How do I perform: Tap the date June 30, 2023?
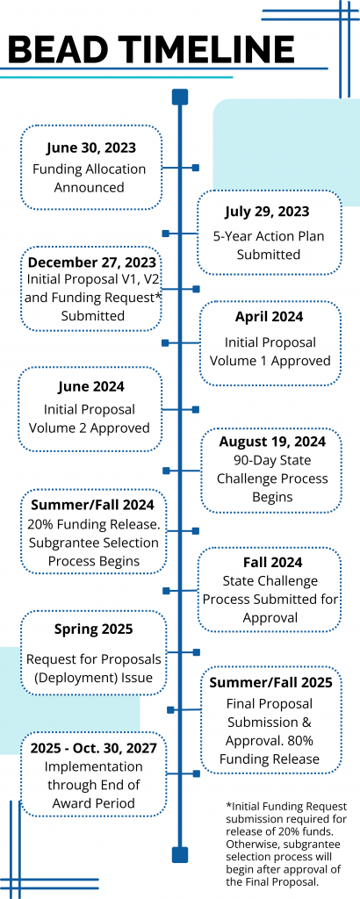coord(91,147)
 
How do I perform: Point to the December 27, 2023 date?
coord(91,262)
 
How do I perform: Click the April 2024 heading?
coord(270,316)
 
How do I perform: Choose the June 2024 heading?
coord(90,386)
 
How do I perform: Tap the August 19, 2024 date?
coord(272,442)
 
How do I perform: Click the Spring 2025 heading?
coord(93,629)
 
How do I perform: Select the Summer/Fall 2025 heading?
coord(270,682)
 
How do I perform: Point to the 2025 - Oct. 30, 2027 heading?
coord(93,747)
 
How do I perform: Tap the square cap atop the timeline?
coord(180,97)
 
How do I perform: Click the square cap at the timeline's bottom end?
coord(180,854)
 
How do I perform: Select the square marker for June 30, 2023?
coord(196,168)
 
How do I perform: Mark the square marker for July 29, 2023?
coord(166,234)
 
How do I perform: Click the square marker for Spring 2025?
coord(197,652)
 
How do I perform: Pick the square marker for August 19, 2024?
coord(166,471)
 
